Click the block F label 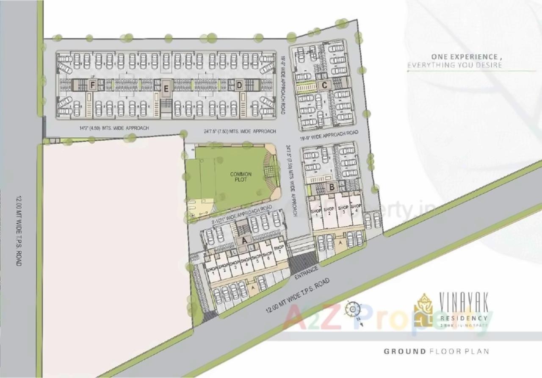point(92,85)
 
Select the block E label point(166,89)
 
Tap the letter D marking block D point(239,85)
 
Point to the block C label point(324,85)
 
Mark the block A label point(243,240)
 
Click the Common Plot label point(241,177)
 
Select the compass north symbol point(352,309)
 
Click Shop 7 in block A point(279,250)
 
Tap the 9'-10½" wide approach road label point(241,214)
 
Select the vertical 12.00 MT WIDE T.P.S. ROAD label point(19,231)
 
